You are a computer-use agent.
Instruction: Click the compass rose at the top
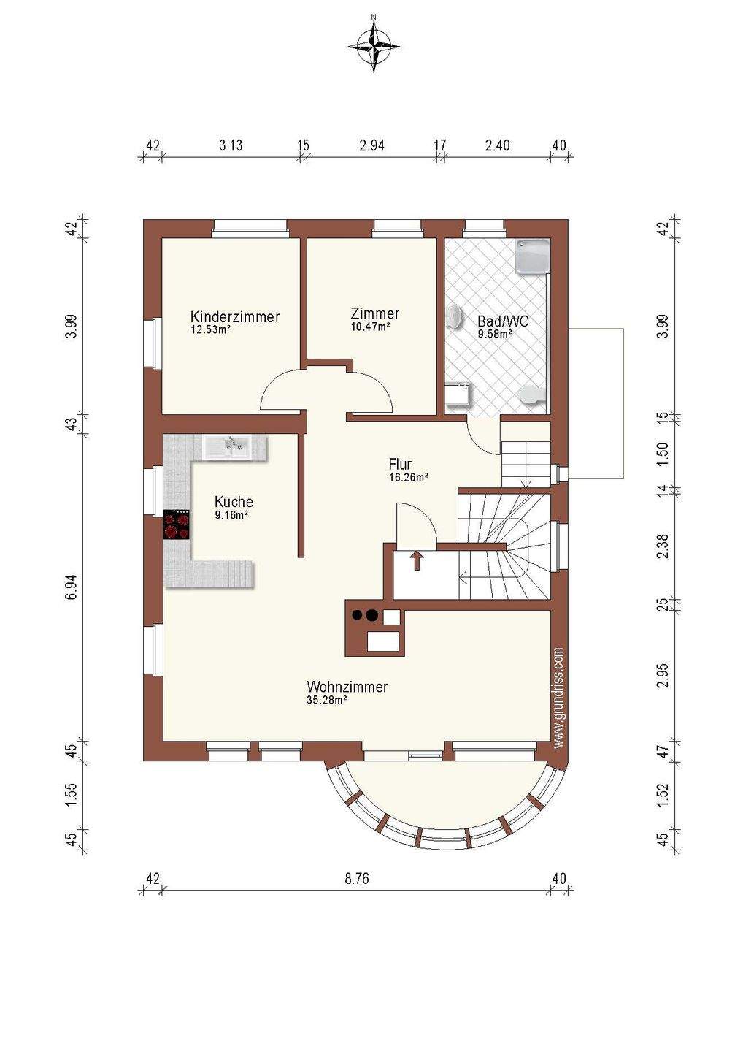[x=374, y=47]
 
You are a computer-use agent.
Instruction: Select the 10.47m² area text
[x=371, y=326]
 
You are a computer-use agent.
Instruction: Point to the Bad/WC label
[x=503, y=321]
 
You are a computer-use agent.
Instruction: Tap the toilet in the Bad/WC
[x=532, y=395]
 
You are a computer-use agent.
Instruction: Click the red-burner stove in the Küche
[x=177, y=525]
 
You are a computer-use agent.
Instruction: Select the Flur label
[x=400, y=465]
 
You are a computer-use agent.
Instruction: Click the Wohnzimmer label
[x=347, y=687]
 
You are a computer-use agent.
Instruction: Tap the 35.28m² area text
[x=327, y=700]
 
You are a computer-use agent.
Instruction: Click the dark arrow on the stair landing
[x=417, y=561]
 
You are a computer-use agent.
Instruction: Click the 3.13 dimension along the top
[x=231, y=145]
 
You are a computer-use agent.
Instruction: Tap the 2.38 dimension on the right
[x=662, y=546]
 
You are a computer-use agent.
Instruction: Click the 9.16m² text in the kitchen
[x=231, y=515]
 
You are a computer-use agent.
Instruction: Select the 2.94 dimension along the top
[x=372, y=145]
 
